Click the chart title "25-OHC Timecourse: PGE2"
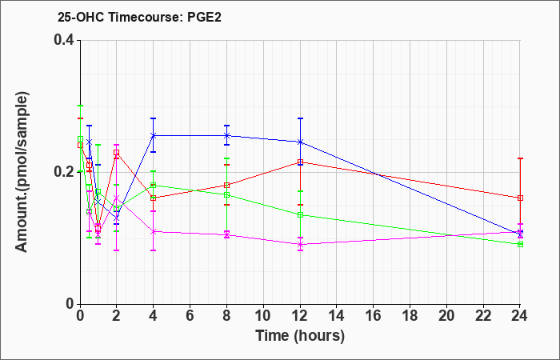pyautogui.click(x=139, y=17)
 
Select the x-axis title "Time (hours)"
pyautogui.click(x=300, y=336)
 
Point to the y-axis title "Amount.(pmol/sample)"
pyautogui.click(x=22, y=172)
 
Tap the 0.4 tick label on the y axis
pyautogui.click(x=64, y=40)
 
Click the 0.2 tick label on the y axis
pyautogui.click(x=64, y=172)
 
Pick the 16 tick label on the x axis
pyautogui.click(x=374, y=316)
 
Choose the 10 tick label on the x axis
pyautogui.click(x=263, y=316)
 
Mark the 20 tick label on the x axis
pyautogui.click(x=446, y=316)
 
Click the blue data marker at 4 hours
pyautogui.click(x=154, y=136)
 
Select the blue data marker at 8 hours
pyautogui.click(x=226, y=136)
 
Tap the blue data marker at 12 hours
pyautogui.click(x=300, y=142)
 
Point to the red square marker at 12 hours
pyautogui.click(x=300, y=162)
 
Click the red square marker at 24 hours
pyautogui.click(x=520, y=198)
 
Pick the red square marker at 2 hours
pyautogui.click(x=117, y=153)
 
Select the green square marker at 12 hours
pyautogui.click(x=300, y=215)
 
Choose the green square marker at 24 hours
pyautogui.click(x=520, y=244)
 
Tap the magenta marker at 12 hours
pyautogui.click(x=300, y=244)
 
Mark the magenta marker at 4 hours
pyautogui.click(x=154, y=231)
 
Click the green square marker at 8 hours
pyautogui.click(x=226, y=195)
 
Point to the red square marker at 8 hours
pyautogui.click(x=226, y=185)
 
